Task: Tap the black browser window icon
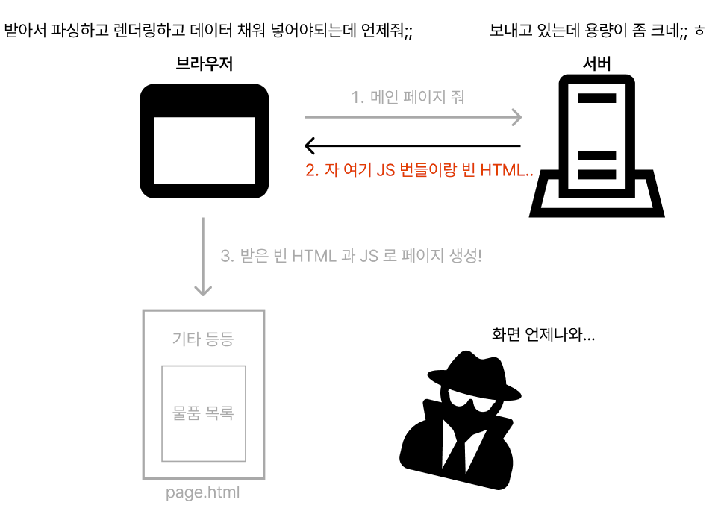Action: click(x=205, y=140)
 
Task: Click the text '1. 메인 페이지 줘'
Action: click(x=408, y=96)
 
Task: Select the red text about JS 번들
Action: click(x=419, y=169)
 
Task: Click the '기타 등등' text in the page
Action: click(x=203, y=339)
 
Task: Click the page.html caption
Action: click(x=203, y=493)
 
